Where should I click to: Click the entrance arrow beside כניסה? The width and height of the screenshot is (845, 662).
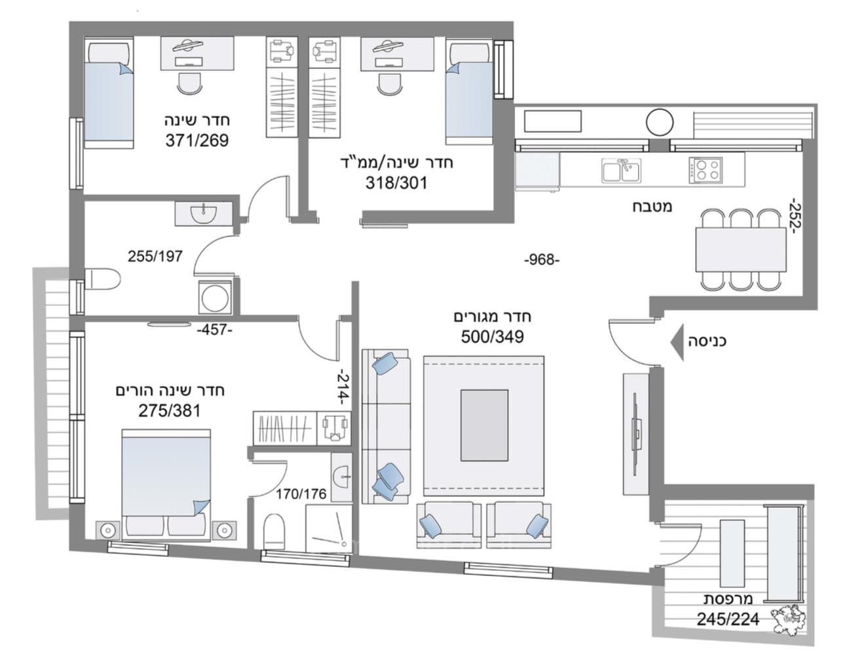(x=675, y=341)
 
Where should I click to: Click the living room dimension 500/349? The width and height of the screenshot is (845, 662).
(x=493, y=337)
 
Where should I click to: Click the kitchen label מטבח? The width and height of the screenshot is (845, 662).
(x=652, y=206)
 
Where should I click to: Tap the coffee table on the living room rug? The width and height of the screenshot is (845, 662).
(x=484, y=425)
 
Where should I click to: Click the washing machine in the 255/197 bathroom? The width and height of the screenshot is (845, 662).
(x=216, y=298)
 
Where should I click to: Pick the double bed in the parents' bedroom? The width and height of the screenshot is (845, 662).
(x=166, y=482)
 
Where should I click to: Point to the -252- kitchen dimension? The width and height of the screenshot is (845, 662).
(x=795, y=216)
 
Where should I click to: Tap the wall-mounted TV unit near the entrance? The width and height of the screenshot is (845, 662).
(x=635, y=434)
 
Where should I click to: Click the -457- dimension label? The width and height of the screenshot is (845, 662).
(x=215, y=330)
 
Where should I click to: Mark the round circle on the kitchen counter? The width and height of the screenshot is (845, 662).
(x=660, y=122)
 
